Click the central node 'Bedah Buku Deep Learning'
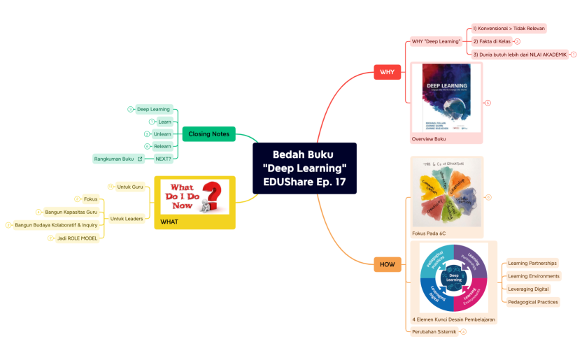tap(304, 168)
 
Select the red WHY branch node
tap(387, 72)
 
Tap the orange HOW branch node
tap(387, 264)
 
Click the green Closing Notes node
tap(209, 134)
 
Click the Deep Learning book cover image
tap(446, 98)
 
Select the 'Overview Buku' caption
tap(428, 139)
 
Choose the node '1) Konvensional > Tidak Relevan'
tap(509, 29)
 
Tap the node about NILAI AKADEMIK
tap(520, 54)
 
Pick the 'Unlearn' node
tap(162, 134)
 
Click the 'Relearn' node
tap(162, 146)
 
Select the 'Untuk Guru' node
tap(130, 187)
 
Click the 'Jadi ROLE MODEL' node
tap(77, 238)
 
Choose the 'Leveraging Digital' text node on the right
tap(528, 289)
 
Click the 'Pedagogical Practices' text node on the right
tap(533, 302)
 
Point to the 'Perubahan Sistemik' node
tap(434, 331)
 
